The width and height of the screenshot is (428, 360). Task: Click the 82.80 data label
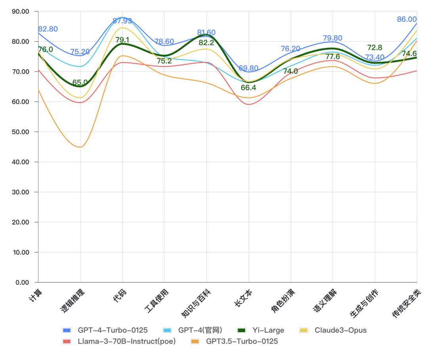pyautogui.click(x=48, y=29)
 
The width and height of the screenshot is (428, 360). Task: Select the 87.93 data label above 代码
pyautogui.click(x=122, y=21)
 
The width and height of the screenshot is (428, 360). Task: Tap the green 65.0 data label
pyautogui.click(x=80, y=83)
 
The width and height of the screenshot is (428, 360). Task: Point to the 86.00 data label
pyautogui.click(x=407, y=19)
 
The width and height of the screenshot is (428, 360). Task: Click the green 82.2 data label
pyautogui.click(x=206, y=43)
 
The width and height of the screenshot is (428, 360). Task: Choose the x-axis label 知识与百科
pyautogui.click(x=196, y=303)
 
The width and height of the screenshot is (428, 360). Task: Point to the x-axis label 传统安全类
pyautogui.click(x=406, y=303)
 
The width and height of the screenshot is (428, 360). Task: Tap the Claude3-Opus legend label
pyautogui.click(x=340, y=330)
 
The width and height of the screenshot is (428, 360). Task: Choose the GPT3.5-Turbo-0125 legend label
pyautogui.click(x=242, y=341)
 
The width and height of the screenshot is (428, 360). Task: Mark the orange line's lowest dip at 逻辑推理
pyautogui.click(x=80, y=147)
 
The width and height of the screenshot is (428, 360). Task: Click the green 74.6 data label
pyautogui.click(x=409, y=53)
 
